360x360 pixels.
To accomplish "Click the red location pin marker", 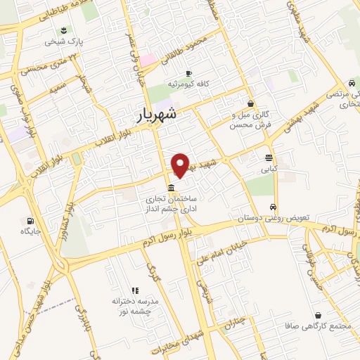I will click(181, 165).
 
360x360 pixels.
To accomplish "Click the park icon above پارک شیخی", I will click(64, 30).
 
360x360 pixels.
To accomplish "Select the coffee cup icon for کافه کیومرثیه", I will click(188, 74).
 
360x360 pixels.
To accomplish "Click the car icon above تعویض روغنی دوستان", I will click(272, 207).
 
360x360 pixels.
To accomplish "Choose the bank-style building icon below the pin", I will click(172, 187).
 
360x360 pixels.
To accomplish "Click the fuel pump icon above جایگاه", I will click(29, 219).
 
